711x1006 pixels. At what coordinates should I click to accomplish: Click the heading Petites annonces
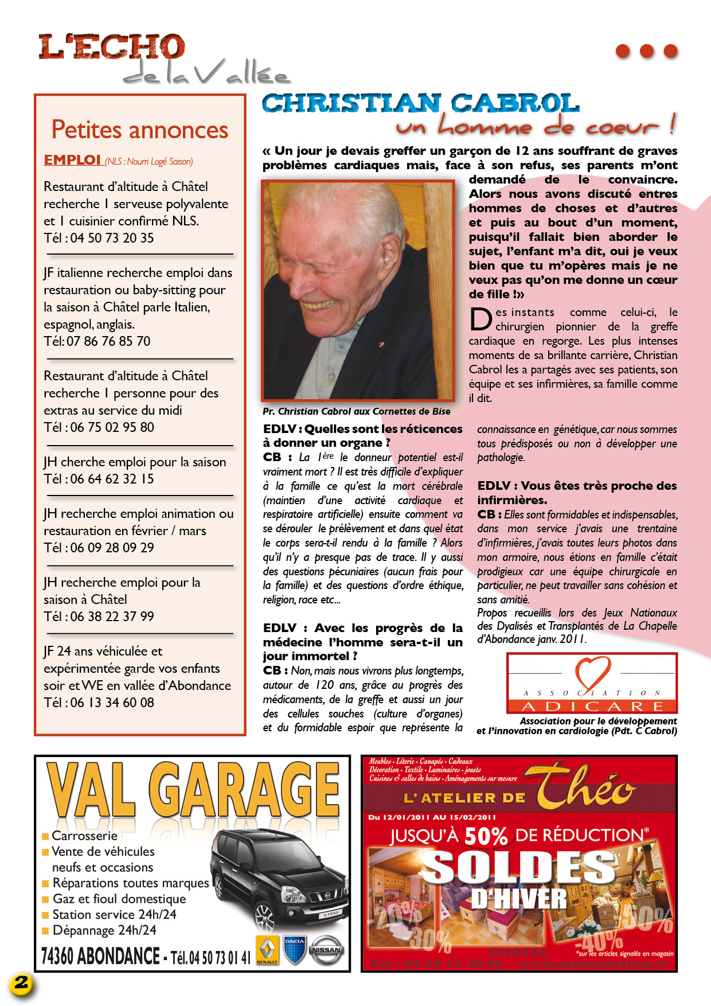coord(140,130)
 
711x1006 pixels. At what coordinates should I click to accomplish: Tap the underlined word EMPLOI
coord(72,160)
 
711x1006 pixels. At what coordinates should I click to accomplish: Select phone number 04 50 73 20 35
coord(112,238)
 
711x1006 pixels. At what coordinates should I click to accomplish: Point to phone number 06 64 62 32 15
coord(112,479)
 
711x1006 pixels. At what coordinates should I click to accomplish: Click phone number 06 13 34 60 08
coord(112,703)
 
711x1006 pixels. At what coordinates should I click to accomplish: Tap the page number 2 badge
coord(21,983)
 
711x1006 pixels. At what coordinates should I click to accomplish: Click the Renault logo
coord(267,950)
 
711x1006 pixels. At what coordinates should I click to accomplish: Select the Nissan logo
coord(326,950)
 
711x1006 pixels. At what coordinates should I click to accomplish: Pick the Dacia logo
coord(295,950)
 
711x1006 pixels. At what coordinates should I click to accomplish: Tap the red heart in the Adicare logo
coord(593,673)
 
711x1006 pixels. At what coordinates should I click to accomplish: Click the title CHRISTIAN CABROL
coord(420,103)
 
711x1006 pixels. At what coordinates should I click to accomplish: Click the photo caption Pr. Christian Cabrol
coord(356,411)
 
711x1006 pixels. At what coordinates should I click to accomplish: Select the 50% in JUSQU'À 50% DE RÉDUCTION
coord(486,837)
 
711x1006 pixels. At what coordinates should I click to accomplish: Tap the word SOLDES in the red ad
coord(519,868)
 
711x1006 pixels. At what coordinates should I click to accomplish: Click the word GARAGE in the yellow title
coord(248,790)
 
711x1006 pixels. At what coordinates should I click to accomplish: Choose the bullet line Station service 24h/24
coord(114,915)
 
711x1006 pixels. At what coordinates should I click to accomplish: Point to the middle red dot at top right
coord(646,51)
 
